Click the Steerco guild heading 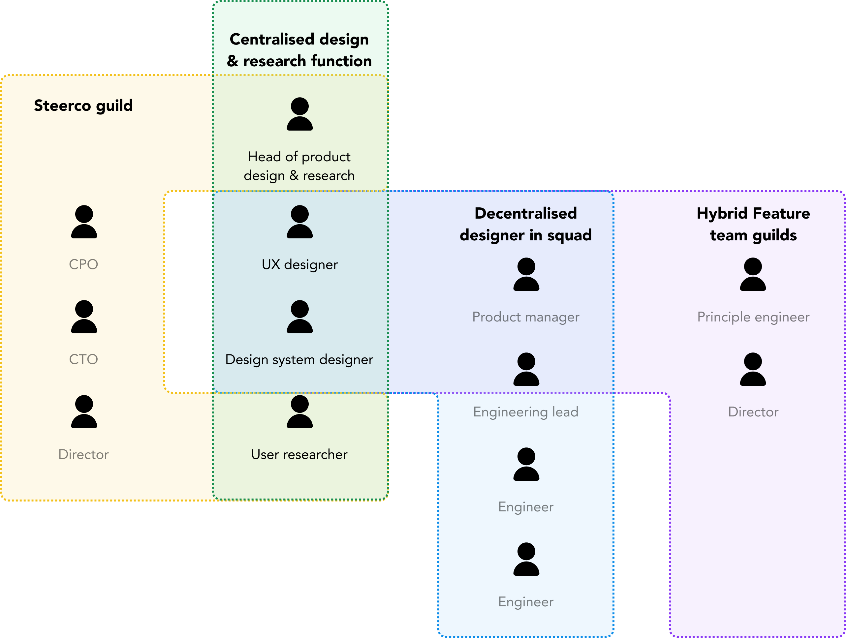pos(83,106)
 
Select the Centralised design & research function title pos(299,50)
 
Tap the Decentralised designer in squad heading pos(525,224)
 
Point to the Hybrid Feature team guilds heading pos(753,224)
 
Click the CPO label pos(83,264)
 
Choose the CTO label pos(83,359)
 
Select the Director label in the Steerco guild pos(83,454)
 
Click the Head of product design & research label pos(299,166)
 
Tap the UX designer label pos(299,264)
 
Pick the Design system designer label pos(299,359)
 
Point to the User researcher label pos(299,454)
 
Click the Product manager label pos(525,317)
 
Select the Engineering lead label pos(525,412)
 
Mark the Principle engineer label pos(753,317)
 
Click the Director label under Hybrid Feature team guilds pos(753,412)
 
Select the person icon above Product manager pos(526,274)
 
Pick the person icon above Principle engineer pos(753,274)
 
